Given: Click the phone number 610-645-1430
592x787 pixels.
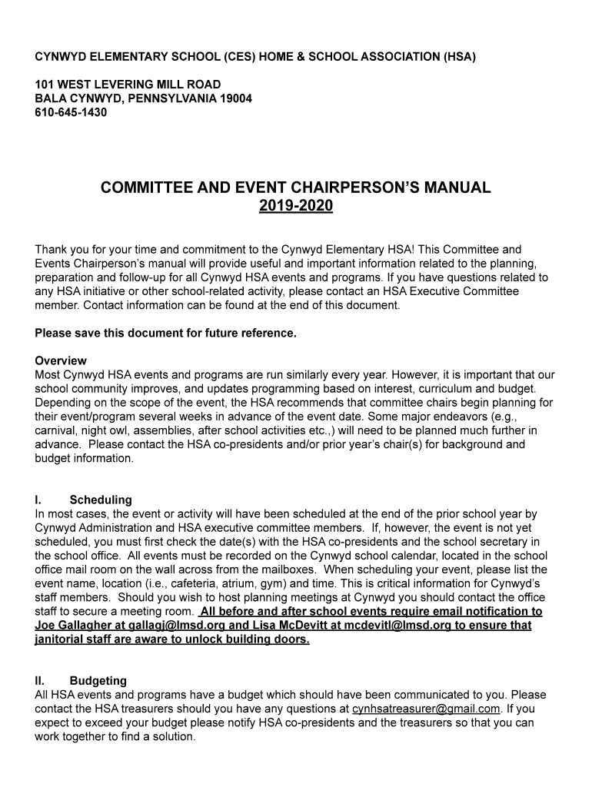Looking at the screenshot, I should click(71, 112).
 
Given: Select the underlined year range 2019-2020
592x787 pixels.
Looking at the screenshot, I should click(296, 207).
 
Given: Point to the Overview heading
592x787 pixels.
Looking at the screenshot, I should click(61, 361).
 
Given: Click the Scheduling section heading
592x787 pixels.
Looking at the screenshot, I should click(101, 500).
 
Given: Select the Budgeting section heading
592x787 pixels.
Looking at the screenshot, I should click(98, 681).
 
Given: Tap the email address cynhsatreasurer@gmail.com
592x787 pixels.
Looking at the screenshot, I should click(426, 709).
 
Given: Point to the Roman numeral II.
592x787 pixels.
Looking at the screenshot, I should click(40, 681).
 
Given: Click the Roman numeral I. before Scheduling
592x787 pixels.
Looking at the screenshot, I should click(38, 500).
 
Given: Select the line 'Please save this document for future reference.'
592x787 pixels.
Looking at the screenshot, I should click(165, 333).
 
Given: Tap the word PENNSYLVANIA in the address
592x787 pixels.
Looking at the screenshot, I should click(162, 98).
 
